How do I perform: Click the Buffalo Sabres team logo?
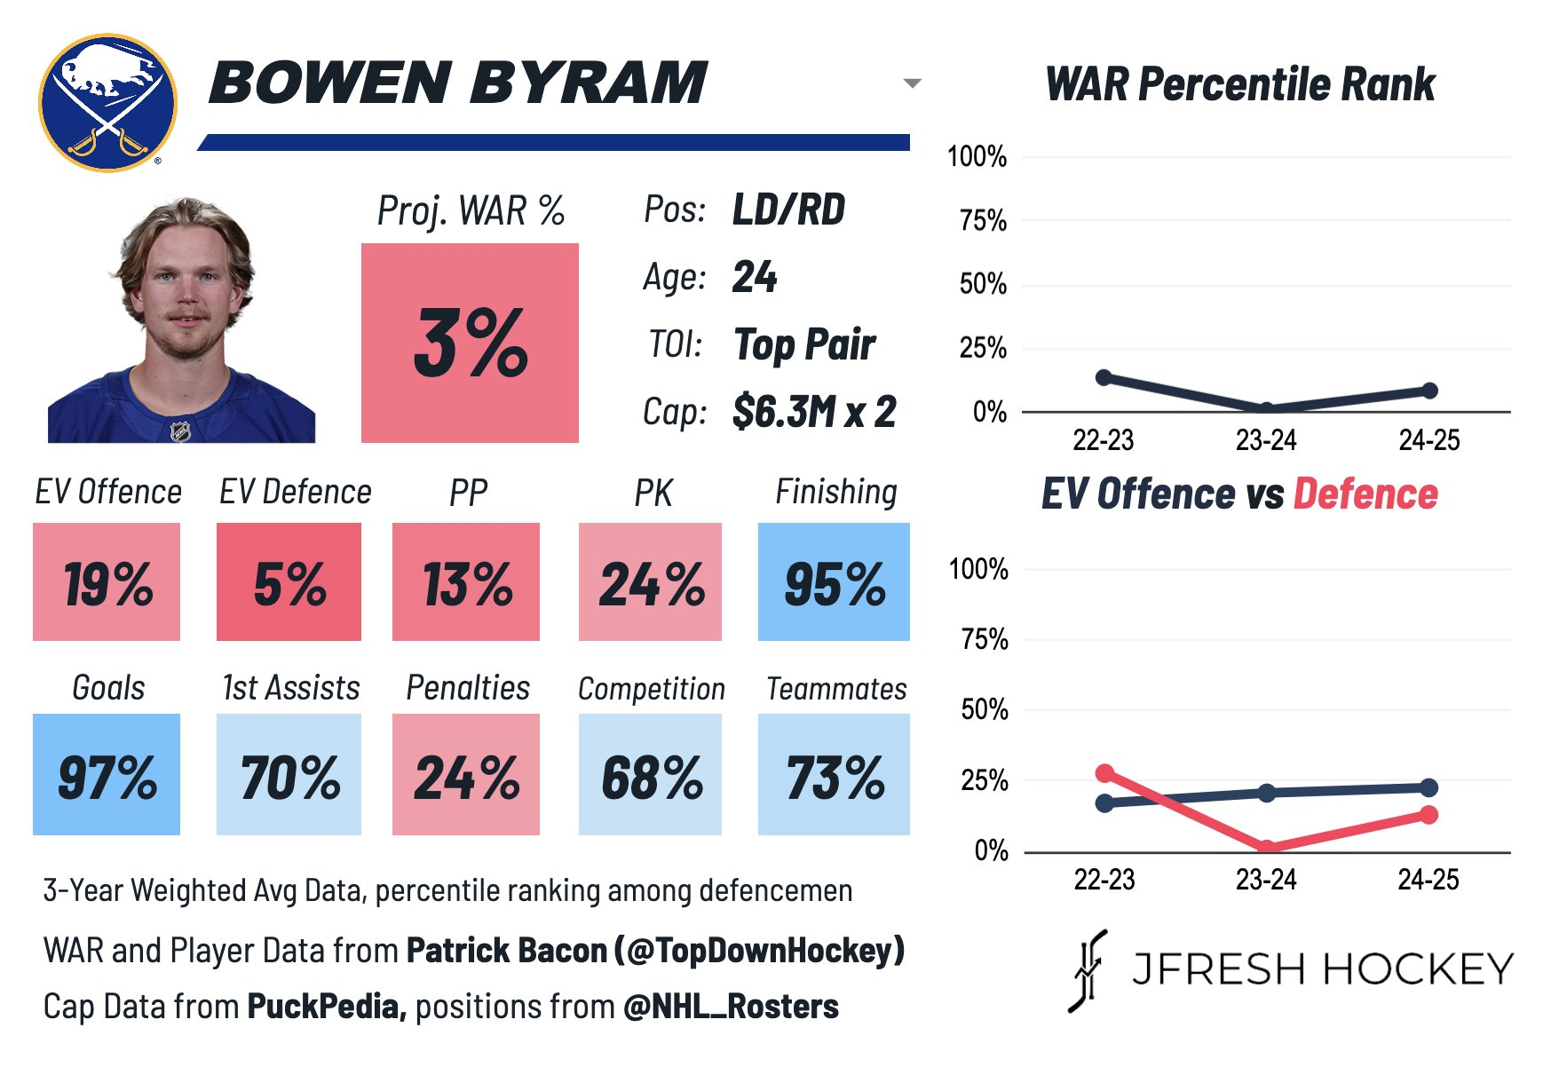tap(107, 103)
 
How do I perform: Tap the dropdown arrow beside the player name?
tap(912, 83)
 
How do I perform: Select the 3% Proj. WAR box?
tap(470, 343)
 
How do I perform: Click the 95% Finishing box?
tap(834, 582)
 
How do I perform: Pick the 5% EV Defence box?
tap(289, 582)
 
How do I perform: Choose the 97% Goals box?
tap(107, 774)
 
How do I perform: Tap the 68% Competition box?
tap(650, 774)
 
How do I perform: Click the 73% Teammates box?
tap(834, 774)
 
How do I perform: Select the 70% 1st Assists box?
tap(289, 774)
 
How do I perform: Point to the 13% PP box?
tap(466, 582)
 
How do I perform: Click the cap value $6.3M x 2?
tap(814, 412)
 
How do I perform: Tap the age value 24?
tap(755, 277)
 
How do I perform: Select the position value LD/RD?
tap(788, 210)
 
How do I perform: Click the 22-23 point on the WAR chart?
tap(1104, 377)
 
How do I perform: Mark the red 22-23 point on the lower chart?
tap(1104, 773)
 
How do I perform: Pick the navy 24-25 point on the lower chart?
tap(1428, 787)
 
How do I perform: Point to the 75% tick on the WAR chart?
tap(983, 221)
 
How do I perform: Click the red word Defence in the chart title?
tap(1365, 494)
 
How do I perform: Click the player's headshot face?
tap(185, 284)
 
